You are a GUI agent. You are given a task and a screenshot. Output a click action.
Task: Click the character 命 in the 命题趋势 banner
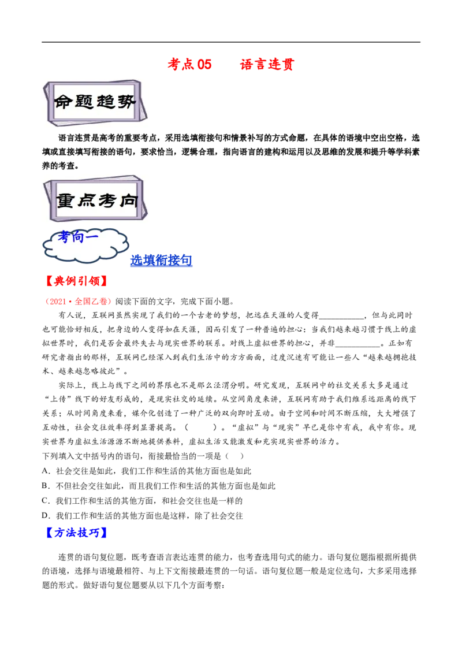(x=63, y=102)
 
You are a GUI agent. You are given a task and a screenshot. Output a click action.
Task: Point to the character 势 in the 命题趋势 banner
(x=126, y=102)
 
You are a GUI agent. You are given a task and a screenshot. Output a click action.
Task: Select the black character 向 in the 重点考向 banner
(x=128, y=200)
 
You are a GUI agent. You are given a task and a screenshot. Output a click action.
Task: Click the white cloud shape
(x=87, y=252)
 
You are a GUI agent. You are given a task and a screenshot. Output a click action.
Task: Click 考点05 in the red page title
(x=190, y=64)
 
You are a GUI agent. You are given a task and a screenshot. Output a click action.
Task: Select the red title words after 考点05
(x=267, y=64)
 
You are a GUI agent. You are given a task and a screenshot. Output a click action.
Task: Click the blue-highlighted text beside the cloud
(x=161, y=261)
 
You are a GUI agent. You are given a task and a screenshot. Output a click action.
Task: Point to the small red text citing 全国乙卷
(x=80, y=301)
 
